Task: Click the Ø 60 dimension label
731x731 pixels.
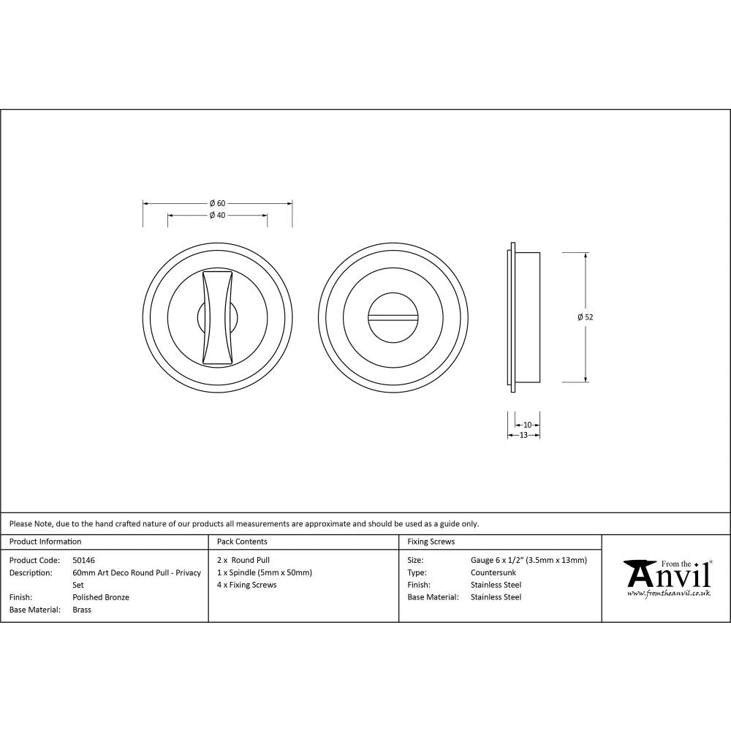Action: (217, 203)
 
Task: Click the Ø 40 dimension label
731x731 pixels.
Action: (217, 216)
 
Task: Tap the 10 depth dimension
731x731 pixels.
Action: (528, 425)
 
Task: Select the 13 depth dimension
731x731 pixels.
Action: (523, 436)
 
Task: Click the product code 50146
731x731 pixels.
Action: (84, 560)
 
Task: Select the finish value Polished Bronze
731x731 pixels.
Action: (101, 597)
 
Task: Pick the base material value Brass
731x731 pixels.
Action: (82, 610)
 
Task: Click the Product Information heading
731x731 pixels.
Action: (45, 542)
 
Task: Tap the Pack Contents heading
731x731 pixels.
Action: (242, 542)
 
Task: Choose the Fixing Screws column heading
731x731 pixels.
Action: (431, 542)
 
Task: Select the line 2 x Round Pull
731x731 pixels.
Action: (243, 560)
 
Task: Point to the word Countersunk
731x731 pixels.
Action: (493, 572)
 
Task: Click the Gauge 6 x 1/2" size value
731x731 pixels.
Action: (529, 560)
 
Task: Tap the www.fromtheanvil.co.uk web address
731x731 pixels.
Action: (668, 594)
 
